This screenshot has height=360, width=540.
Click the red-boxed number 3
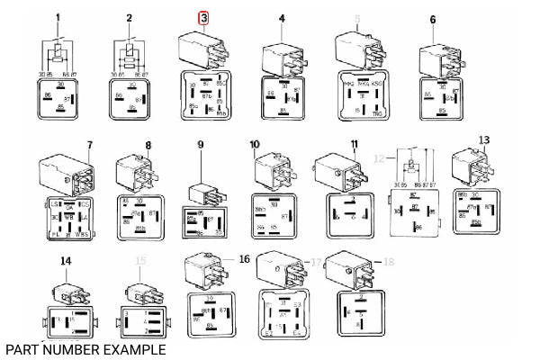(x=203, y=18)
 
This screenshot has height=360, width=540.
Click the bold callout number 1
(x=58, y=18)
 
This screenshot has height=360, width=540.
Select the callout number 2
(x=130, y=18)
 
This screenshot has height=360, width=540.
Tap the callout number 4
(x=282, y=18)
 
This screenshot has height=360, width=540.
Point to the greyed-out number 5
(x=357, y=18)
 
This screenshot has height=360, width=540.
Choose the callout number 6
(x=433, y=18)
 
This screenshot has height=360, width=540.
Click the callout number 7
(x=90, y=145)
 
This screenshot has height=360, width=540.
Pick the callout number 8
(x=148, y=145)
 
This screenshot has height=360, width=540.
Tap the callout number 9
(x=202, y=145)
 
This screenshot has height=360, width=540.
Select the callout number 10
(x=255, y=144)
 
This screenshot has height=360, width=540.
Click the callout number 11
(x=355, y=144)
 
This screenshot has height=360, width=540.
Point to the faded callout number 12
(x=380, y=157)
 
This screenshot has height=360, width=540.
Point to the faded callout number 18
(x=389, y=262)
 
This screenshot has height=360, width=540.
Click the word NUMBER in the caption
(x=88, y=348)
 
